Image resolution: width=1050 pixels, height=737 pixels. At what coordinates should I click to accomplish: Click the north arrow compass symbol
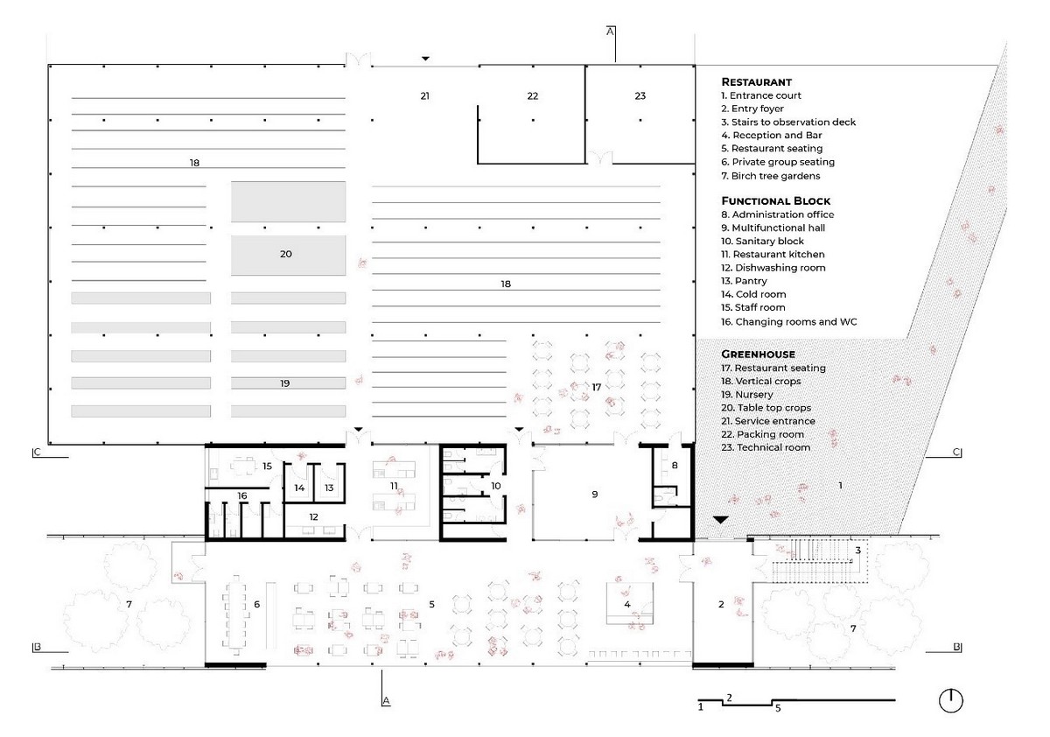[950, 701]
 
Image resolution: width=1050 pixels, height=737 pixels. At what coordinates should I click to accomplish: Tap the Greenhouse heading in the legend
[758, 354]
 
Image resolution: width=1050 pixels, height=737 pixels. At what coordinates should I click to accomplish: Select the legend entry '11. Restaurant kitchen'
[773, 254]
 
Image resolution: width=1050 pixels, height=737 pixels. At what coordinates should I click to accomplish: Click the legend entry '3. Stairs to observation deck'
[788, 122]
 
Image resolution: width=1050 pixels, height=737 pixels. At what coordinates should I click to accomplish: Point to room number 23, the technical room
[640, 96]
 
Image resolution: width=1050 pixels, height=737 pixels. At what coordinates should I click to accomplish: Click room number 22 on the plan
[533, 96]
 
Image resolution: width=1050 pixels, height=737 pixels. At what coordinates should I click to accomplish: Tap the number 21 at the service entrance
[424, 96]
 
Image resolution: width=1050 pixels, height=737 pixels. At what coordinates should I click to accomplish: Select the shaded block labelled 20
[288, 255]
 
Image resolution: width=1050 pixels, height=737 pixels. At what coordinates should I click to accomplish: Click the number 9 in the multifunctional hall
[595, 495]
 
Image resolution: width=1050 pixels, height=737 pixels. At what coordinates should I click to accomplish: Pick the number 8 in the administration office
[675, 465]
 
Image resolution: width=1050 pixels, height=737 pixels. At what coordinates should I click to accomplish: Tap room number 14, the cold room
[299, 488]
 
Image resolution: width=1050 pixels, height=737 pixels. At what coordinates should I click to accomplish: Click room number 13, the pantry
[329, 488]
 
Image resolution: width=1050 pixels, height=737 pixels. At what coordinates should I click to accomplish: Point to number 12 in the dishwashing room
[313, 516]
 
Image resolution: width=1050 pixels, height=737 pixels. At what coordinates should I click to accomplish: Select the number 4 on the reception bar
[627, 604]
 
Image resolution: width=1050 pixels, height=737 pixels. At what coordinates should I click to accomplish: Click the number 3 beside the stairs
[857, 551]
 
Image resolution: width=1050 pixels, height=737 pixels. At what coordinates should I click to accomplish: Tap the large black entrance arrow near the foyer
[720, 520]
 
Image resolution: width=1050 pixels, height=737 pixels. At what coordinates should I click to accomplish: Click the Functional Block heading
[776, 201]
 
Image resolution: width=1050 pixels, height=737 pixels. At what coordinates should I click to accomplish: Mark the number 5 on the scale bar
[778, 708]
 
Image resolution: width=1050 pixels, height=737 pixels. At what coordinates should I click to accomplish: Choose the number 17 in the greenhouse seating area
[596, 387]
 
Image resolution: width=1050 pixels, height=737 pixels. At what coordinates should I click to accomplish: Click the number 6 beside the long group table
[257, 604]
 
